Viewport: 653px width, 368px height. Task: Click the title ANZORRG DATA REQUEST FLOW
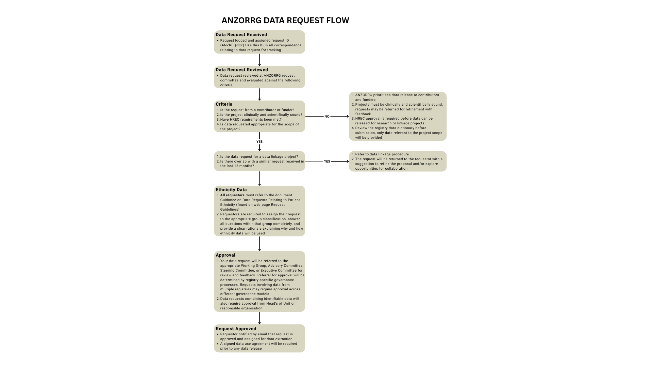[285, 20]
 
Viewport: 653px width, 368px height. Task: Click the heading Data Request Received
[241, 35]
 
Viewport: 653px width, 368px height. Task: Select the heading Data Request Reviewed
[241, 70]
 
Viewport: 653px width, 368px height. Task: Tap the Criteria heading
[224, 104]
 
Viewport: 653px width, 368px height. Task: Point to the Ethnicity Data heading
[231, 190]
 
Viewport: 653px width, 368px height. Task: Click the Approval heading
[225, 255]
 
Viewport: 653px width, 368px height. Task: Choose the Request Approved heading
[236, 329]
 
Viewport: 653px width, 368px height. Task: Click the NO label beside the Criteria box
[327, 117]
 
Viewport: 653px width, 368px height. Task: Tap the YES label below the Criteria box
[259, 142]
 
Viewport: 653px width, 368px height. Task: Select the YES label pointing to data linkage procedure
[327, 162]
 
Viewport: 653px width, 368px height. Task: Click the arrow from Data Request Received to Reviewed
[259, 60]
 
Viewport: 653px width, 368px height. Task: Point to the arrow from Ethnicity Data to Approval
[259, 244]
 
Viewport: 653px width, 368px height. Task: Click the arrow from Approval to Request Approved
[259, 318]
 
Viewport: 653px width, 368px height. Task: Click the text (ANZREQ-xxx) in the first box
[232, 45]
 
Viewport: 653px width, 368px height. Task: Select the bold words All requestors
[232, 195]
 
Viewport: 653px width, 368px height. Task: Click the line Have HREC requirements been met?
[251, 120]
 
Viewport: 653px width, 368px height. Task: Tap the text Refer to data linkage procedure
[382, 154]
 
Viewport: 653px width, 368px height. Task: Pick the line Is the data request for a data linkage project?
[259, 157]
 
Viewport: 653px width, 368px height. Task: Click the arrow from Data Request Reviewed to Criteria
[259, 94]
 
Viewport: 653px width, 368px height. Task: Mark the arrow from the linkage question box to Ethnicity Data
[259, 178]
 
